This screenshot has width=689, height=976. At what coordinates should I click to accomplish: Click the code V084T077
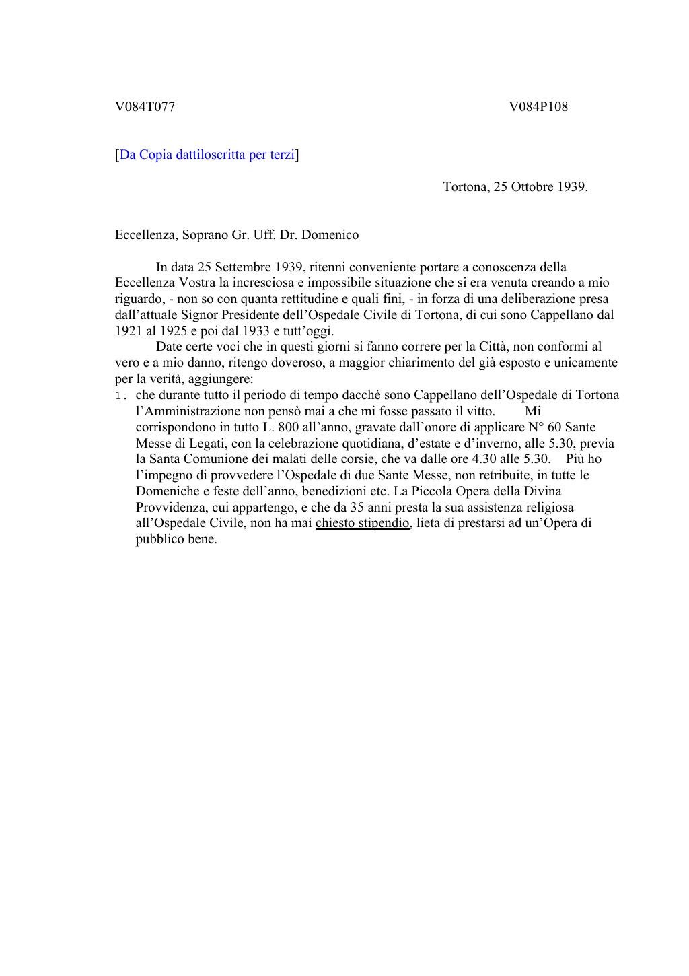(x=145, y=106)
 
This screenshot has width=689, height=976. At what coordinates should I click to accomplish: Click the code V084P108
(x=538, y=106)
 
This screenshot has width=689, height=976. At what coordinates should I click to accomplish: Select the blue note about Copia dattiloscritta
(x=207, y=155)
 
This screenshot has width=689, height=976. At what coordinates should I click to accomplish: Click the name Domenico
(x=330, y=235)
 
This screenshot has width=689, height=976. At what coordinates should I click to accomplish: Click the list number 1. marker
(x=121, y=395)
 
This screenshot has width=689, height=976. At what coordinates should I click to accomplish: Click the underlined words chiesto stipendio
(x=362, y=523)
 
